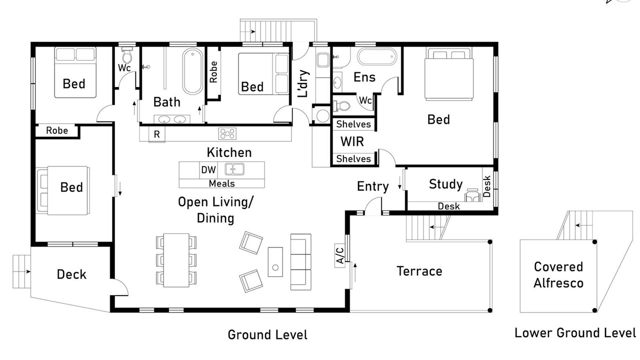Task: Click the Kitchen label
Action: point(229,152)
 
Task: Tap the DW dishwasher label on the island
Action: point(208,169)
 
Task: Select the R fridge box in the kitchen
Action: point(156,134)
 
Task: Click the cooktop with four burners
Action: point(227,133)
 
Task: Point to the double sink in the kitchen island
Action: point(234,169)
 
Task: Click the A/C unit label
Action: point(339,255)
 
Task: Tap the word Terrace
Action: point(419,271)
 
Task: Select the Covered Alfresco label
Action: point(558,275)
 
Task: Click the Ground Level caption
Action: point(267,334)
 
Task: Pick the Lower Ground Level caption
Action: point(575,333)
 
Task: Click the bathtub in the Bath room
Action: point(192,71)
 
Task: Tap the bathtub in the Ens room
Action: point(377,56)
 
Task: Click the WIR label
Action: point(352,141)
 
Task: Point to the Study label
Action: point(445,184)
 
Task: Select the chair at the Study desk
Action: point(472,195)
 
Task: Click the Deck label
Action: point(71,274)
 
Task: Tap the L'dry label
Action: point(303,83)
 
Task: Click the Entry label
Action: point(373,186)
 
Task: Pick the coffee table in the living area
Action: point(275,262)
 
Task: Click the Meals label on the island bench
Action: point(221,183)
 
